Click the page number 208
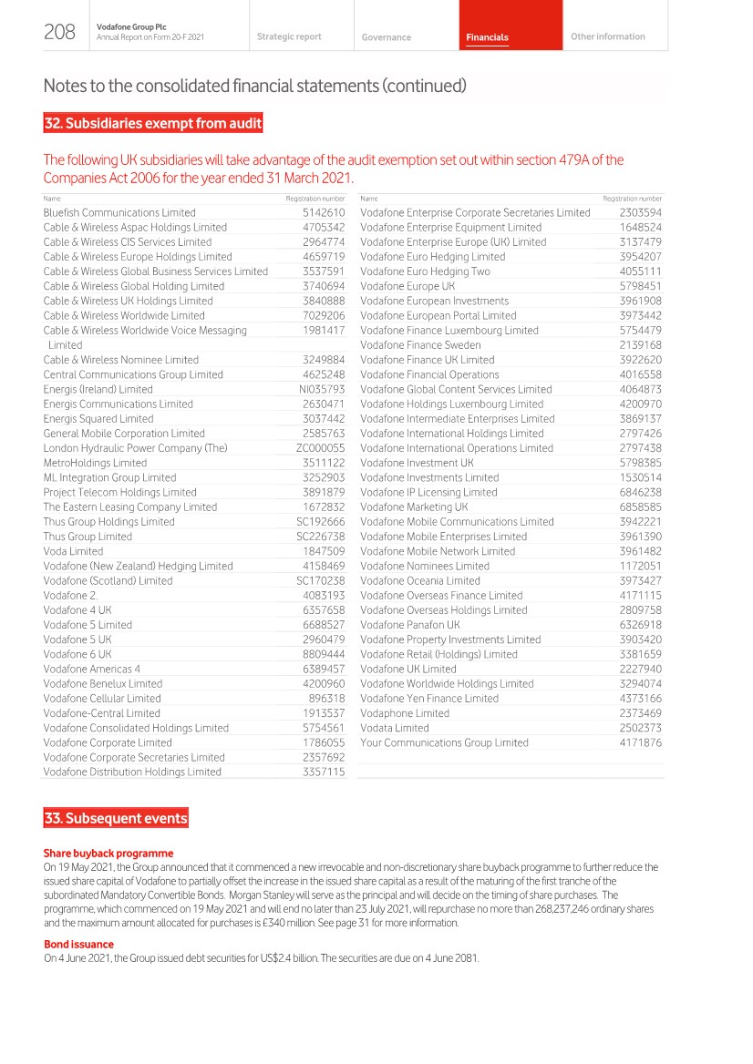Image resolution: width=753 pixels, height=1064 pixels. pos(59,33)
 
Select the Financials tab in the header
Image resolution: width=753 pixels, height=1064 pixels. pos(487,37)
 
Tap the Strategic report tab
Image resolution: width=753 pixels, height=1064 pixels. pos(289,36)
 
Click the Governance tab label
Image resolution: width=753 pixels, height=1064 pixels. pos(386,37)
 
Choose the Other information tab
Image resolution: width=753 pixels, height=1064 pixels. pos(607,36)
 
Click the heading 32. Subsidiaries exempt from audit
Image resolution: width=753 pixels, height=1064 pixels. pos(153,123)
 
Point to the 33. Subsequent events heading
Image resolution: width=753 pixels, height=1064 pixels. pos(116,818)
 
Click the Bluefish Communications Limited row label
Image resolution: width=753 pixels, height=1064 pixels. pos(119,213)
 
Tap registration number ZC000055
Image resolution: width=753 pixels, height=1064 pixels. pos(320,448)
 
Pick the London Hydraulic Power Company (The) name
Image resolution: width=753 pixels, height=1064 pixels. pos(135,448)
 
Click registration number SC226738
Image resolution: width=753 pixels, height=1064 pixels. pos(321,537)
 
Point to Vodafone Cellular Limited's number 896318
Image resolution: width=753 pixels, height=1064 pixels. pos(326,699)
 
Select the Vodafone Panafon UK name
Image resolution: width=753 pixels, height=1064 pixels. pos(409,625)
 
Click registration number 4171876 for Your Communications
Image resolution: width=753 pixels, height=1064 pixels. pos(640,742)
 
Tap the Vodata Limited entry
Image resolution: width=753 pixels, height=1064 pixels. pos(394,728)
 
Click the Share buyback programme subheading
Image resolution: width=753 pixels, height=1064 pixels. pos(108,854)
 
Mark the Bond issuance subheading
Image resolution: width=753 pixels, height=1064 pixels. pos(78,919)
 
